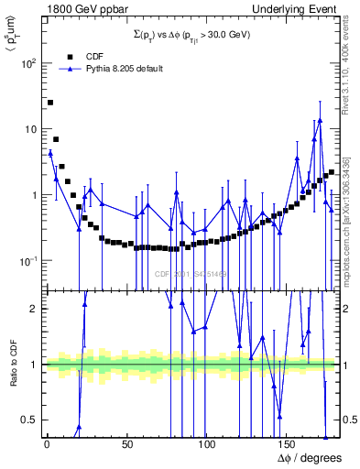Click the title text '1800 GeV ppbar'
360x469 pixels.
[x=80, y=7]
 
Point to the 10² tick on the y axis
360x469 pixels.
[x=28, y=63]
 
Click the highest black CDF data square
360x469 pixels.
[x=50, y=103]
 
